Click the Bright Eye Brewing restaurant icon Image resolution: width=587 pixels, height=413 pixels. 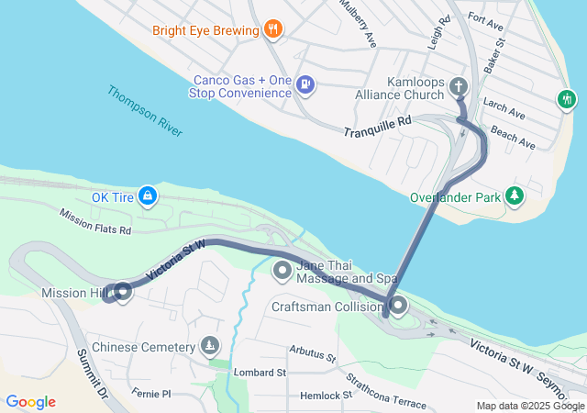point(271,30)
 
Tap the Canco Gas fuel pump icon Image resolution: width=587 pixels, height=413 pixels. point(306,86)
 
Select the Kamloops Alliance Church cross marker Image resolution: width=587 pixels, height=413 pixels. point(460,87)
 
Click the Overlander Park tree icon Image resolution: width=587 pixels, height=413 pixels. point(515,195)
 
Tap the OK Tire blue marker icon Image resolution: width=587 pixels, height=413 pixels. point(148,196)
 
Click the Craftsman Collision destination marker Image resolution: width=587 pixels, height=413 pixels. point(398,306)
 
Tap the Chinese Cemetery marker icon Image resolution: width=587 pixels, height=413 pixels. point(211,346)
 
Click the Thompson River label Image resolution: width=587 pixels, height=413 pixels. point(144,111)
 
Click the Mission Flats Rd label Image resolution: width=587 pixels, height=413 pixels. point(95,220)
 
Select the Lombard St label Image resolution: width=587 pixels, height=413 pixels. point(260,373)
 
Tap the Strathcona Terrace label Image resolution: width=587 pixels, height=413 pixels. point(385,390)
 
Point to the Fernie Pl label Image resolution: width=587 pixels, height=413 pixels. point(151,393)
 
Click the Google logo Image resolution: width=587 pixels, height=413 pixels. point(30,402)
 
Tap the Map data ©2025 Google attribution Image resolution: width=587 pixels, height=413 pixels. point(530,406)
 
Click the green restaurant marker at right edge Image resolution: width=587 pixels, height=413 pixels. point(567,98)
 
